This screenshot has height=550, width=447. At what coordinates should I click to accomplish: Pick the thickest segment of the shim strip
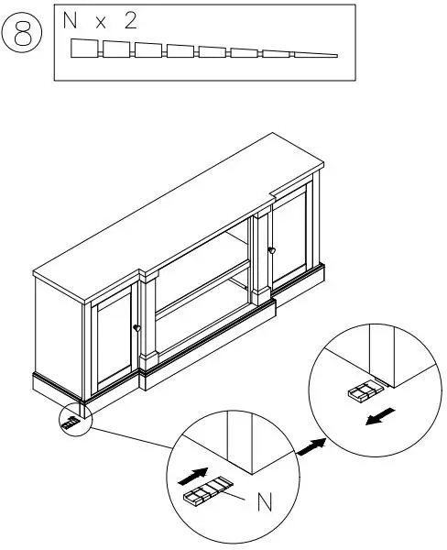pyautogui.click(x=84, y=49)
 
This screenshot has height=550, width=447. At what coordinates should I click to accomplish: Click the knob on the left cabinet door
pyautogui.click(x=136, y=327)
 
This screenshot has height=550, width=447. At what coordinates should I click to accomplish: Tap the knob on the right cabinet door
pyautogui.click(x=272, y=249)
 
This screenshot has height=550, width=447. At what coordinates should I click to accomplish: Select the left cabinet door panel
pyautogui.click(x=112, y=339)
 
